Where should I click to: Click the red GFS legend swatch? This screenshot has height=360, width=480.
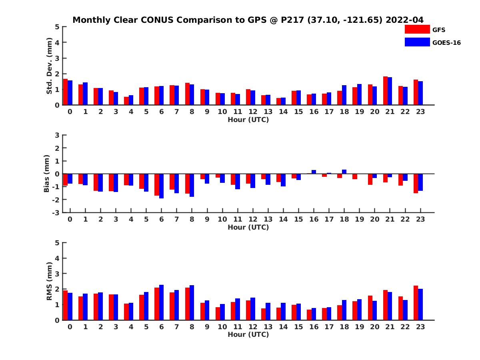[417, 29]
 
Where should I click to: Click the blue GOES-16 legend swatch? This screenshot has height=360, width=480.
[417, 42]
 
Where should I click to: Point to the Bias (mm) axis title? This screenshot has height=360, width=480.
[47, 174]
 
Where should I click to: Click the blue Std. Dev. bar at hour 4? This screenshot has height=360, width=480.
[131, 100]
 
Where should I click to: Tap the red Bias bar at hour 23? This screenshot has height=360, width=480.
[416, 183]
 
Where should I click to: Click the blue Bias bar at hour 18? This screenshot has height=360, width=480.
[344, 172]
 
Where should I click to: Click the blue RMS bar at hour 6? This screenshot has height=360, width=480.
[162, 302]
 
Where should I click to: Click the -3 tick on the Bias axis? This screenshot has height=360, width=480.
[57, 212]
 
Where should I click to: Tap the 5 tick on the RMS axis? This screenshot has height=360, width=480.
[58, 243]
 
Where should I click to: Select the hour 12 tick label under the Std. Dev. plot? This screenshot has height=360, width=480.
[252, 112]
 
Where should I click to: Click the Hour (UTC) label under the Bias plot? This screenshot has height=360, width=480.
[248, 228]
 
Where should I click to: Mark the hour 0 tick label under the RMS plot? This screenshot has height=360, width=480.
[70, 327]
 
